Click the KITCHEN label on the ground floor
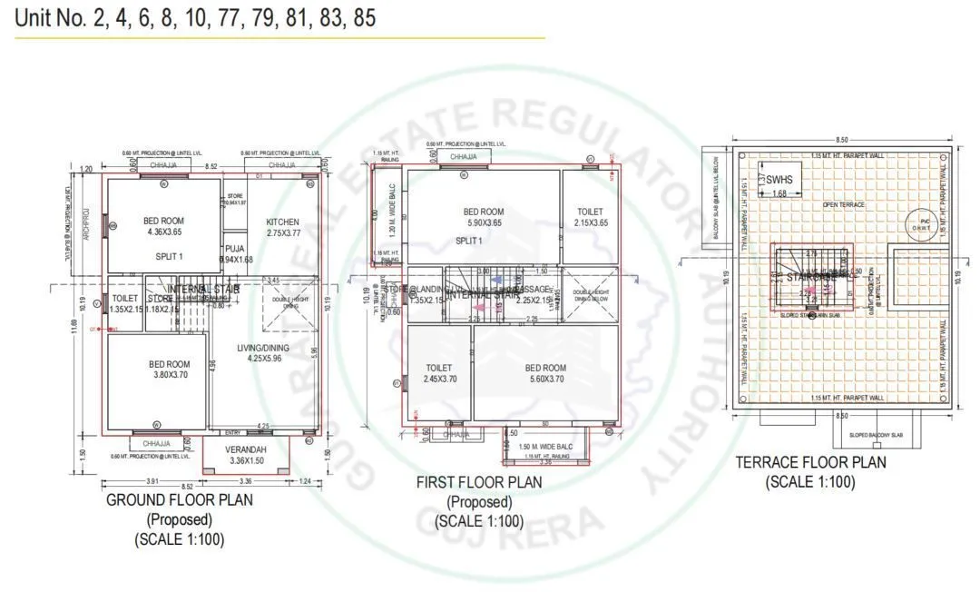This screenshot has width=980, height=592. point(282,222)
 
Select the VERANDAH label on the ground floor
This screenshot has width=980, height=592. point(247,449)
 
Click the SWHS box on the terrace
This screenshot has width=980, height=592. point(779,180)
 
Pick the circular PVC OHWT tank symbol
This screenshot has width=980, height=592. point(926,223)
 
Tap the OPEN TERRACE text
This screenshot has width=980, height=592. point(844,205)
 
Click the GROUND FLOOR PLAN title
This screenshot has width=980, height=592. point(180,499)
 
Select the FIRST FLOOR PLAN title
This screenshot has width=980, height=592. point(479,482)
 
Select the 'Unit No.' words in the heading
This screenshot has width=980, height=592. point(50,19)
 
